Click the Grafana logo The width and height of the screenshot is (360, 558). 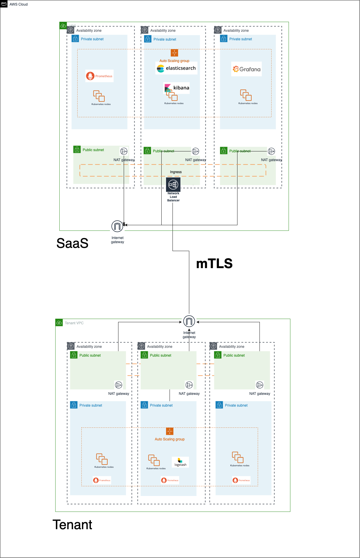246,69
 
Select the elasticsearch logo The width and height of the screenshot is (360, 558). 176,68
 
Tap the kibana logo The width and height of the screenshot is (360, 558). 177,88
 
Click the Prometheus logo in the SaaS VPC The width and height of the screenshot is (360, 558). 99,76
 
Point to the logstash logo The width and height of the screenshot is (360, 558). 180,462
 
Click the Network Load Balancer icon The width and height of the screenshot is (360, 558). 173,185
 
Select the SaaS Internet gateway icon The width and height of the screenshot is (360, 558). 117,226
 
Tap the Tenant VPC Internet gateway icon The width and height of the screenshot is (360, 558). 189,321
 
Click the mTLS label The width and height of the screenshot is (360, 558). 214,263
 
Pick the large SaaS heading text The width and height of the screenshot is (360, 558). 72,243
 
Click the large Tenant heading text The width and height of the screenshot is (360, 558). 72,525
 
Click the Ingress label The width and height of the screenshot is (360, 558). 176,172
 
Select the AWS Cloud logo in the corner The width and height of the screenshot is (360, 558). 4,4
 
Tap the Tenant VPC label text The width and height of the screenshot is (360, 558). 74,323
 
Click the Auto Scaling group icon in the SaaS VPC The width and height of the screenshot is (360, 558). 174,53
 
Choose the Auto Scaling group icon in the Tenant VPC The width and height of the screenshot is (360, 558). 170,431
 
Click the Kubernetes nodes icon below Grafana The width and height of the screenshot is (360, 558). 246,95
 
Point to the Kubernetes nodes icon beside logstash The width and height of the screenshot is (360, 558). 154,460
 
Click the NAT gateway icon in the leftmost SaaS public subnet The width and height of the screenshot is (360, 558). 124,151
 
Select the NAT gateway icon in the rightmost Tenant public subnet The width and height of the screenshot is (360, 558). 260,385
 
